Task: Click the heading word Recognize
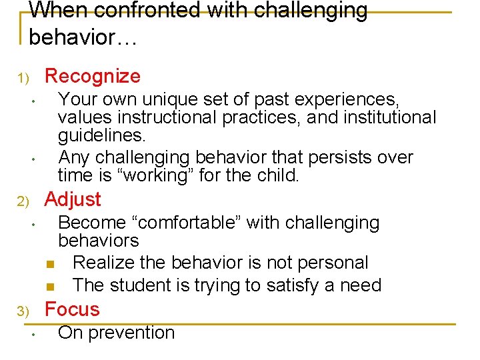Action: click(x=92, y=77)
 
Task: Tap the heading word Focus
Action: click(x=71, y=309)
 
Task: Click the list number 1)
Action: click(x=24, y=79)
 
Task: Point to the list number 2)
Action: click(x=24, y=201)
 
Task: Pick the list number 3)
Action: click(x=24, y=311)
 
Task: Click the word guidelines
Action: click(x=101, y=136)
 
